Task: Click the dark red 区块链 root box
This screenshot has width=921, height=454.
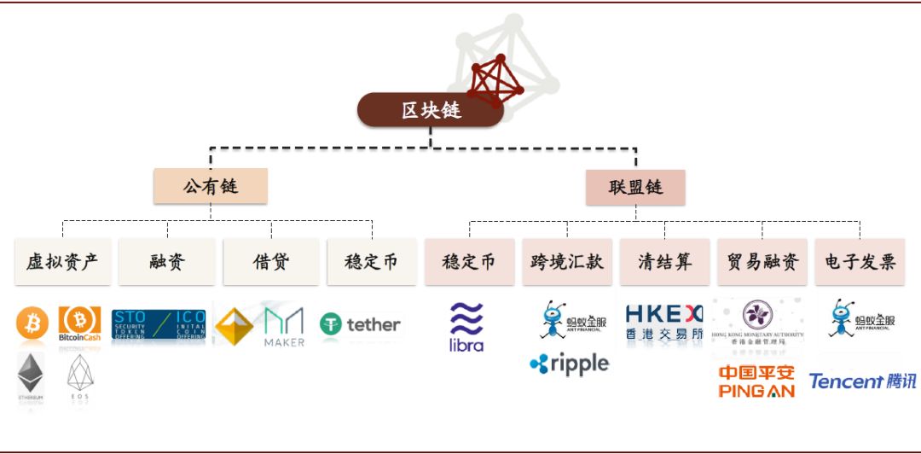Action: pos(430,110)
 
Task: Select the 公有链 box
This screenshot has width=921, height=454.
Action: pos(211,186)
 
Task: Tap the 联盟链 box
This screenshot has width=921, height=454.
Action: pos(635,186)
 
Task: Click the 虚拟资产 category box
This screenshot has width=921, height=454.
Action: pos(62,262)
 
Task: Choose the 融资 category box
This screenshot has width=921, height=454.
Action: pos(167,262)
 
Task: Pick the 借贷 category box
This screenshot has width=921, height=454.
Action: pos(271,262)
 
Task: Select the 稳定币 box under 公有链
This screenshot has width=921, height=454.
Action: pos(372,262)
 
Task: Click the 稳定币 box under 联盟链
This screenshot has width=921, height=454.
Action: pos(469,262)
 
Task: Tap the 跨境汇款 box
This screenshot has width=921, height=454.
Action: pos(567,262)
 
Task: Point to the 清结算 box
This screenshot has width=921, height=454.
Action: pos(664,262)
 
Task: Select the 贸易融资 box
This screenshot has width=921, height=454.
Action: pos(762,262)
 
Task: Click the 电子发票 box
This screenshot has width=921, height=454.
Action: pos(860,262)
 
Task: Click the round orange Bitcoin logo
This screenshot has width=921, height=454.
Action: pos(32,325)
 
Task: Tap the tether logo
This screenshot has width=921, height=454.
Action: pos(360,324)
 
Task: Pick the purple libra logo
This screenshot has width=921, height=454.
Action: pos(466,328)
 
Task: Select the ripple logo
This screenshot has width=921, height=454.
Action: pos(569,364)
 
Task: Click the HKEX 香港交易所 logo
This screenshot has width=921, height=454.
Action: pos(663,323)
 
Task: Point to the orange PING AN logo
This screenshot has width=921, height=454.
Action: pos(756,381)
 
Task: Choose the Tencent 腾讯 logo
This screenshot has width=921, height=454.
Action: pos(862,381)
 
